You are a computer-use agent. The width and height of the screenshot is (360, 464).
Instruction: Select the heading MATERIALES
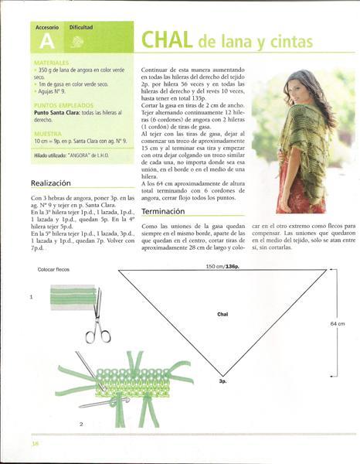click(x=52, y=62)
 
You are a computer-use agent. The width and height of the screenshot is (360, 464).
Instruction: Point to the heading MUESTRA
click(x=48, y=133)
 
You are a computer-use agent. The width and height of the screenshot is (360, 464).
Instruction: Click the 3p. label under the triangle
click(x=222, y=381)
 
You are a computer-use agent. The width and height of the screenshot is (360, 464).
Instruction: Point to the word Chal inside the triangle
click(x=222, y=315)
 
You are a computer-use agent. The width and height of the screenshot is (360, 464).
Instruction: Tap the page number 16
click(x=35, y=443)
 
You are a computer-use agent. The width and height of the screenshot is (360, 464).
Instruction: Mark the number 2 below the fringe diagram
click(x=81, y=424)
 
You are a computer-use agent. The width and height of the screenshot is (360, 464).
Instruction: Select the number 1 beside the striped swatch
click(x=31, y=297)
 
